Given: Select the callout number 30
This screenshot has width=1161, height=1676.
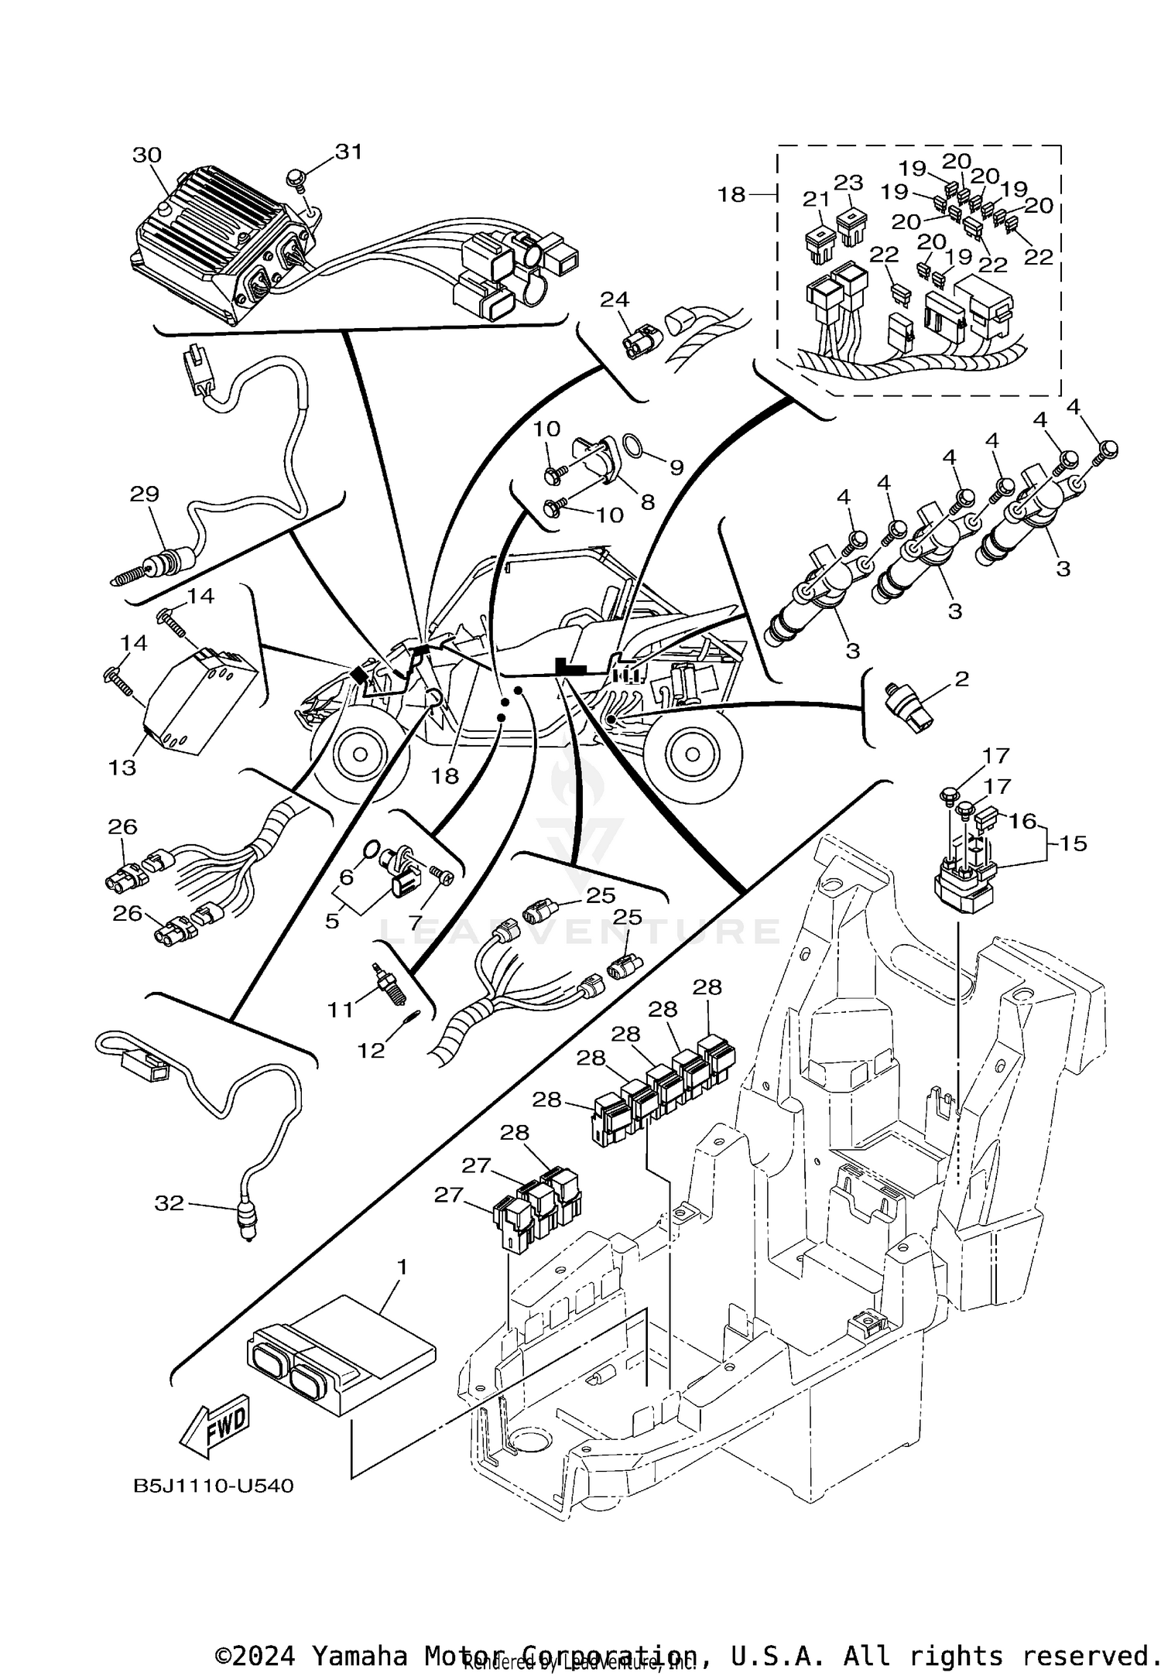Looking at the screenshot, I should pyautogui.click(x=146, y=156).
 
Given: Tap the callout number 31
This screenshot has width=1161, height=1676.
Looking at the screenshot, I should pyautogui.click(x=348, y=152).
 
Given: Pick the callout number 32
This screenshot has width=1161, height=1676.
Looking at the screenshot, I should pyautogui.click(x=170, y=1202).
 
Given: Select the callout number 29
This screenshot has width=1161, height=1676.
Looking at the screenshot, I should pyautogui.click(x=145, y=494).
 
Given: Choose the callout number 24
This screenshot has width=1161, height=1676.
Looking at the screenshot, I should pyautogui.click(x=615, y=299).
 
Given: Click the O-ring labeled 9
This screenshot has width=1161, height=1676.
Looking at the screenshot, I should pyautogui.click(x=633, y=446).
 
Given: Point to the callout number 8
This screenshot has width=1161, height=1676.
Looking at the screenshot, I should pyautogui.click(x=647, y=501).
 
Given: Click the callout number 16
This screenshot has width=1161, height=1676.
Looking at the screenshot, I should pyautogui.click(x=1022, y=820).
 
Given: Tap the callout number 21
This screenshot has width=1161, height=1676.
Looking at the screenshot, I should pyautogui.click(x=816, y=200).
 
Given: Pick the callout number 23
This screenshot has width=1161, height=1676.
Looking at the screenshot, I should pyautogui.click(x=848, y=183).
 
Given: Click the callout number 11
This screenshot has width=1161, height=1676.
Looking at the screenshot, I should pyautogui.click(x=340, y=1009).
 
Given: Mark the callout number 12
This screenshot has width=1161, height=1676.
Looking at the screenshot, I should pyautogui.click(x=371, y=1050).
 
